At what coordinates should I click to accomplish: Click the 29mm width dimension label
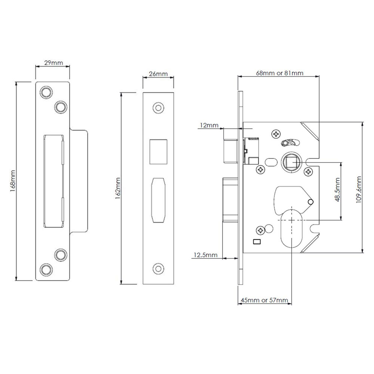pos(53,63)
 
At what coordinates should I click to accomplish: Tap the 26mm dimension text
pos(158,74)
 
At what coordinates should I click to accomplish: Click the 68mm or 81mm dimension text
pos(279,73)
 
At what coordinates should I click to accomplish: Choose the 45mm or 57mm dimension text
pos(264,300)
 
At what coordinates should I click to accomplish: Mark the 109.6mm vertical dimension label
pos(359,190)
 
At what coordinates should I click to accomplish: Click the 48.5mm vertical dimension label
pos(337,190)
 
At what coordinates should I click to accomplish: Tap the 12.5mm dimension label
pos(205,255)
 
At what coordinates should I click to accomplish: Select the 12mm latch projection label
pos(209,125)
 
